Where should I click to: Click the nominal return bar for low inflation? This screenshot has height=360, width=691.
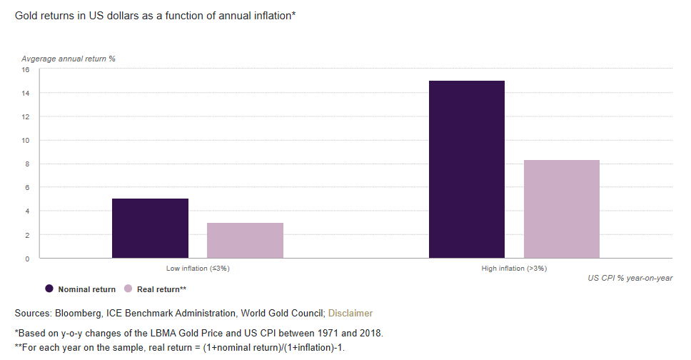click(x=150, y=228)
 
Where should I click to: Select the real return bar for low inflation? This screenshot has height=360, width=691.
click(x=245, y=240)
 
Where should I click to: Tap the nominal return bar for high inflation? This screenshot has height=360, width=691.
click(x=466, y=169)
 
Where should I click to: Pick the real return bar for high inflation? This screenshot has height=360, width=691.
click(x=561, y=209)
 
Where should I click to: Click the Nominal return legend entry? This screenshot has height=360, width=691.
click(x=80, y=289)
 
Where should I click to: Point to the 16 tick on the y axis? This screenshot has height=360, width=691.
click(x=25, y=70)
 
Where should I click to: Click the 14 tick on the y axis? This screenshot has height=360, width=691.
click(x=25, y=94)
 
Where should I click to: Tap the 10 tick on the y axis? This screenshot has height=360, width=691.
click(x=25, y=141)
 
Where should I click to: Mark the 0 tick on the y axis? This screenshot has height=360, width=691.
click(x=27, y=259)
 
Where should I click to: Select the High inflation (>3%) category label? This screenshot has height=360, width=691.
click(x=514, y=269)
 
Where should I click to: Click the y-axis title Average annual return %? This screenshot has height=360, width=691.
click(x=69, y=59)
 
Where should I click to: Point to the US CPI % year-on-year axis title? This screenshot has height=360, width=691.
click(x=630, y=278)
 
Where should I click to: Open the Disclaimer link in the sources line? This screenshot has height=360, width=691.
click(x=350, y=313)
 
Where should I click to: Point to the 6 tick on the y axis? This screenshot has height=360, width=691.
click(x=27, y=188)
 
